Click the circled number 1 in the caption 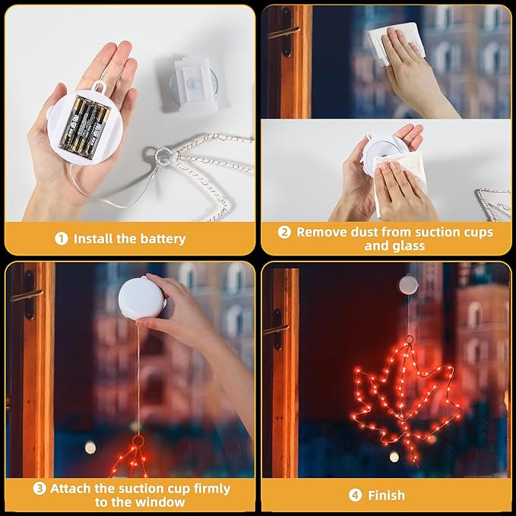pos(62,239)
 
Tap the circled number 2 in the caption pos(284,232)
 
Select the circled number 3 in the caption pos(40,489)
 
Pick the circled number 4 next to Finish pos(355,495)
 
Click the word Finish pos(386,495)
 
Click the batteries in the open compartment pos(85,127)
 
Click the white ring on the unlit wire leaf pos(163,155)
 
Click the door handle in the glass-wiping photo pos(283,32)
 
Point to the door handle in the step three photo pos(27,295)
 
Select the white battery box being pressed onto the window pos(142,298)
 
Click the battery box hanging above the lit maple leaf pos(408,285)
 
